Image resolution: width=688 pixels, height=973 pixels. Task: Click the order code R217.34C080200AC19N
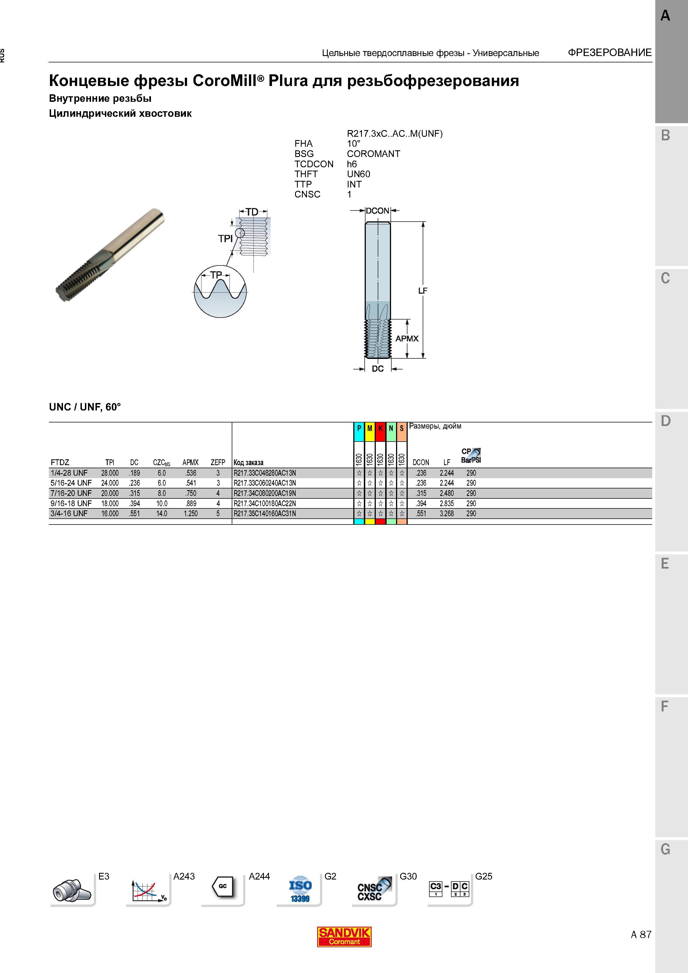[264, 493]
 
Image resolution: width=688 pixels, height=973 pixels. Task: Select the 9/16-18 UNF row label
[71, 503]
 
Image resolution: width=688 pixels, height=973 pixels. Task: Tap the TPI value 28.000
[110, 473]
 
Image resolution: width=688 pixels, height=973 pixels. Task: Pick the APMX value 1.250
[191, 514]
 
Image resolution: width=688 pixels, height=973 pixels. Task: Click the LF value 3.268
[447, 514]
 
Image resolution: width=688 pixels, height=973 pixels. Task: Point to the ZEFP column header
[218, 462]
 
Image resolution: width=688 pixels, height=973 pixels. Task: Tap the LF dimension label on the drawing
[423, 291]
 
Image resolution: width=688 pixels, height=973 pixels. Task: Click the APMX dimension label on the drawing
[407, 339]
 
